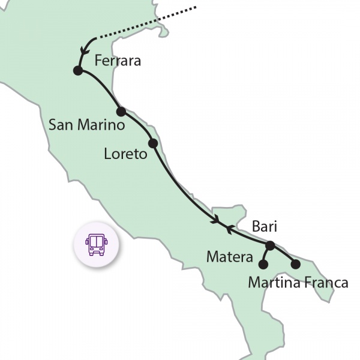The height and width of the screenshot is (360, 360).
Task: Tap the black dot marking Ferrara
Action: (x=77, y=71)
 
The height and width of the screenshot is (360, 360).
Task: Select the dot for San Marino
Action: (x=121, y=111)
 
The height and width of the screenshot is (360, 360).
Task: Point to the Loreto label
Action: (x=125, y=154)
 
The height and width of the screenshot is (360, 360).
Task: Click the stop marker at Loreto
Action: (x=152, y=143)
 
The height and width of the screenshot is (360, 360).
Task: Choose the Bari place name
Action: (x=264, y=227)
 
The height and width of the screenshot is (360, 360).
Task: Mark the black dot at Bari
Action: (x=270, y=245)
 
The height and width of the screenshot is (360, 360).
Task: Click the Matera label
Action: (x=230, y=257)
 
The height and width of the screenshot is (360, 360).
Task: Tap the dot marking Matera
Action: (x=263, y=263)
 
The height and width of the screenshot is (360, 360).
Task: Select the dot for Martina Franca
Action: (x=295, y=263)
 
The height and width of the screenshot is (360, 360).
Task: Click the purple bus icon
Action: (x=97, y=244)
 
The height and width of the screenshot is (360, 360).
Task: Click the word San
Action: (x=61, y=125)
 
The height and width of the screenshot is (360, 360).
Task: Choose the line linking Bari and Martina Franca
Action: (x=284, y=254)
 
